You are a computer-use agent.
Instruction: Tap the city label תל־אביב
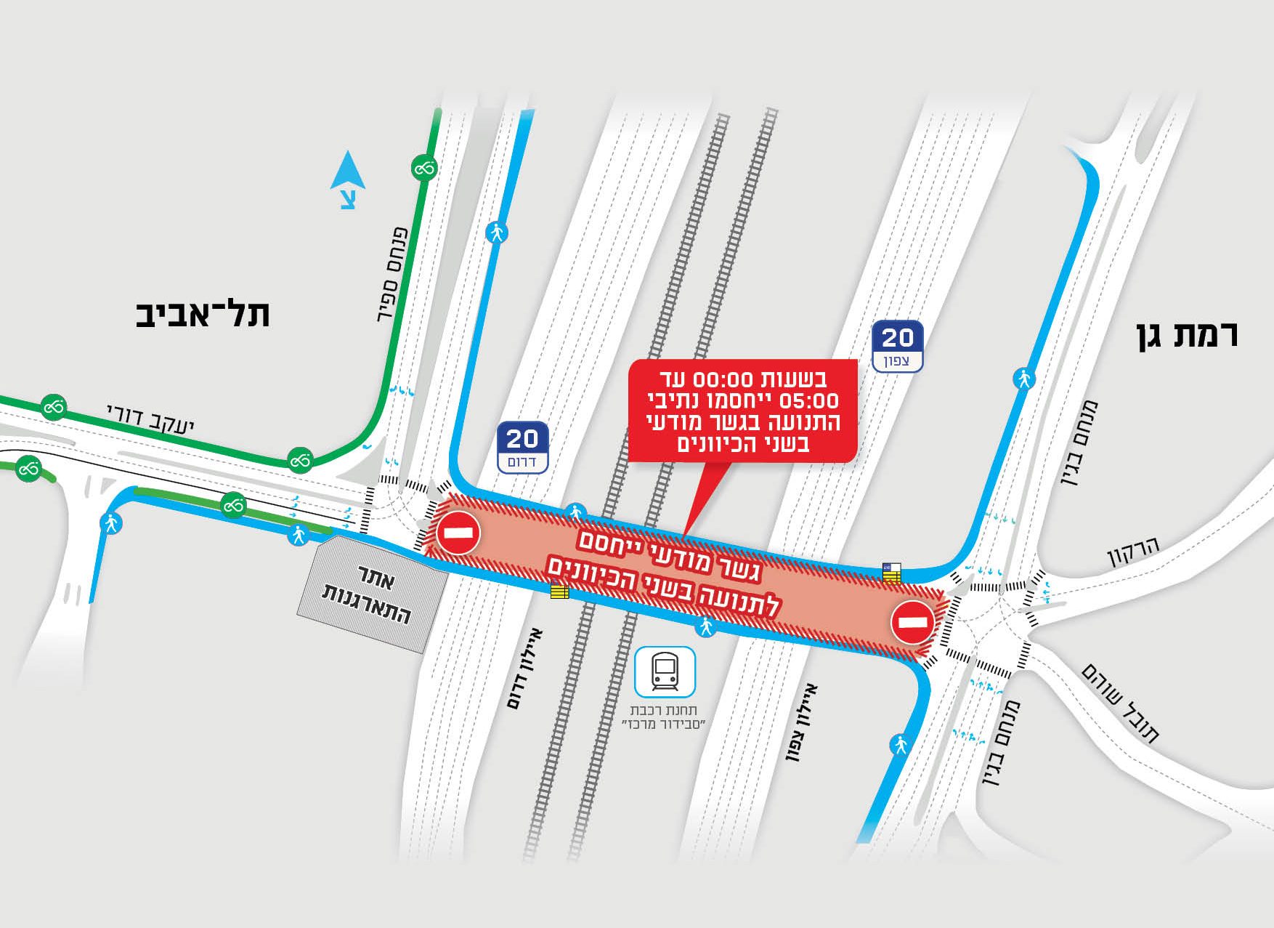[203, 314]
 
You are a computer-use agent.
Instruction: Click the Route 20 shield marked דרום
[522, 447]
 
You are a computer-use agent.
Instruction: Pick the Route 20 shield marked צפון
[897, 346]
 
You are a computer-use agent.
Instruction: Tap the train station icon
[665, 672]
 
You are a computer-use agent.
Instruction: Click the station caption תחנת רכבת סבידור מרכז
[664, 717]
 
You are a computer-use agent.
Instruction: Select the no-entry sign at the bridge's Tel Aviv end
[458, 532]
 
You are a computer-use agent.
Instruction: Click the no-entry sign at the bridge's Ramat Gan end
[912, 621]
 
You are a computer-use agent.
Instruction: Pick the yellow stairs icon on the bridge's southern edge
[559, 592]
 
